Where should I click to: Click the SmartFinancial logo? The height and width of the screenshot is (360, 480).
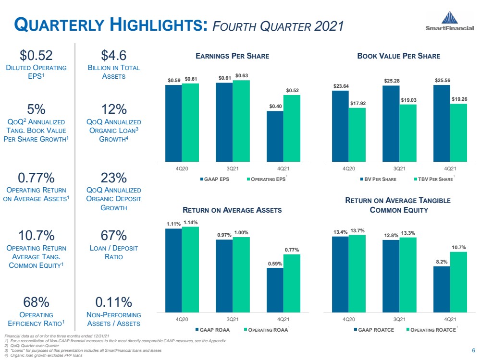tap(449, 21)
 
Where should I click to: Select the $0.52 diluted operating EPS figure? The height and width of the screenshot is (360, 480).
tap(36, 55)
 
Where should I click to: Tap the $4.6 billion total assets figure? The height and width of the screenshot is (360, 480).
tap(113, 55)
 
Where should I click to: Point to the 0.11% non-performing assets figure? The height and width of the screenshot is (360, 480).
tap(113, 302)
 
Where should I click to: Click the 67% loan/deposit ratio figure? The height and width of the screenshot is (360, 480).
tap(113, 236)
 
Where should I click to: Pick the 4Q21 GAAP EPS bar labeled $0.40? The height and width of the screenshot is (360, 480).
tap(275, 136)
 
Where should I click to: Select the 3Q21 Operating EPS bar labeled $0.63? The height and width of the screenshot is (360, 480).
tap(241, 121)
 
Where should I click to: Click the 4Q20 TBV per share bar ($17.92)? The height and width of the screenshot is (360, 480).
tap(357, 135)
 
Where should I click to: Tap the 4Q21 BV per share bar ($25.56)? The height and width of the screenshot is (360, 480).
tap(442, 123)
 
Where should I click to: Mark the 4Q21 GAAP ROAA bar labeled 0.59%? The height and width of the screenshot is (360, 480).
tap(275, 290)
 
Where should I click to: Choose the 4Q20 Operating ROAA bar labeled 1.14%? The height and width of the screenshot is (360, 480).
tap(190, 270)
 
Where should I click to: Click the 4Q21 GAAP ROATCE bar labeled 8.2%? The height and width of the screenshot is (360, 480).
tap(442, 289)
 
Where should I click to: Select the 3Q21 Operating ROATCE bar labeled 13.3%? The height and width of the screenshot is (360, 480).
tap(408, 275)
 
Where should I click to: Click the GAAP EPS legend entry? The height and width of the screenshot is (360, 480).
tap(215, 179)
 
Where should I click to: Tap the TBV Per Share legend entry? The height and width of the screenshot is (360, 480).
tap(433, 179)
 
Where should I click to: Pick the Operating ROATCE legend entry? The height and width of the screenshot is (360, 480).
tap(431, 330)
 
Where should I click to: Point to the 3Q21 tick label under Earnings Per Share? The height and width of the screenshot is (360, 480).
tap(233, 169)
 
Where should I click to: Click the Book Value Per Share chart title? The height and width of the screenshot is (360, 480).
tap(399, 56)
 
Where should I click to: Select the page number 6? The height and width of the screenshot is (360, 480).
tap(474, 350)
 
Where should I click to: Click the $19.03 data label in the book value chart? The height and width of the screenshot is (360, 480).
tap(409, 100)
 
